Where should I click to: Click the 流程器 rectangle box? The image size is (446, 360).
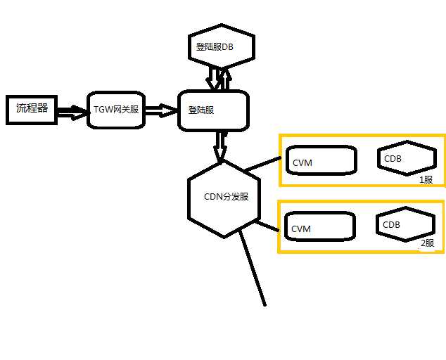(x=32, y=109)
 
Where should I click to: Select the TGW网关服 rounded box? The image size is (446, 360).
(x=117, y=110)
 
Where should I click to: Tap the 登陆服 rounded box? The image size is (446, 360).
(x=214, y=110)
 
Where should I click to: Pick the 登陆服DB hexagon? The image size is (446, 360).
(x=221, y=46)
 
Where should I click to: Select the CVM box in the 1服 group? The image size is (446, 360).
(x=320, y=160)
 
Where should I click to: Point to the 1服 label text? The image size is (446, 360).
(x=426, y=179)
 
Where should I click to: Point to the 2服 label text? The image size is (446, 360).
(x=427, y=244)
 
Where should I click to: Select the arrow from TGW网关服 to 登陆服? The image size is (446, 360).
(x=162, y=110)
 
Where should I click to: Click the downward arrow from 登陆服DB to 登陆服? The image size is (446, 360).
(x=212, y=77)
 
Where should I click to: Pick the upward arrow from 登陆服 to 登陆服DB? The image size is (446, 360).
(x=224, y=77)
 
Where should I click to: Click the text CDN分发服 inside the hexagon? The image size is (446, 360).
(x=227, y=197)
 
